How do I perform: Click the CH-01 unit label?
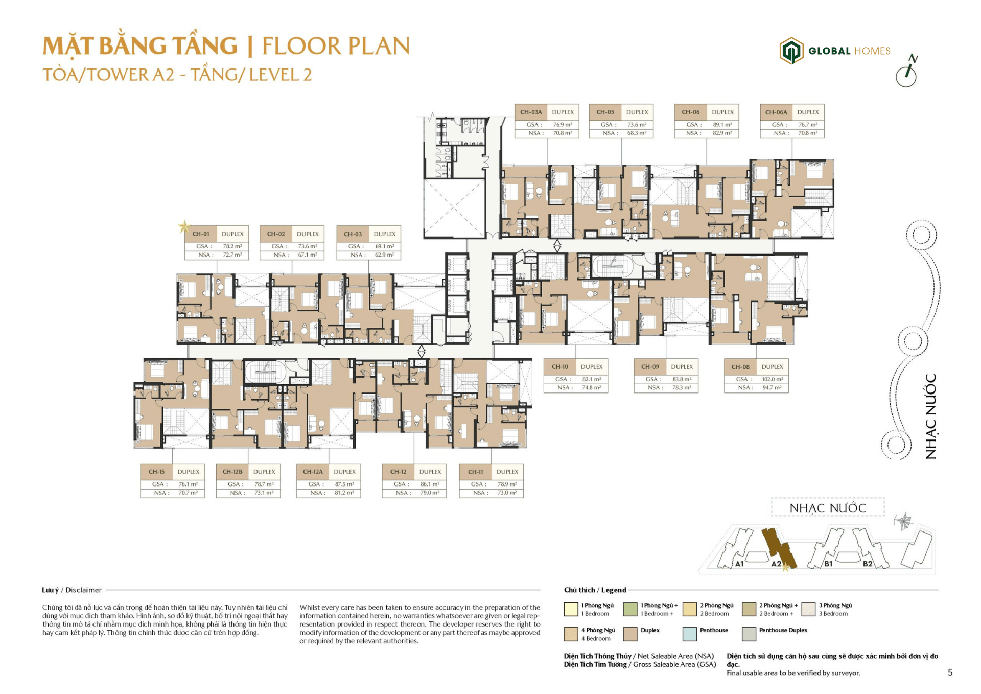201,234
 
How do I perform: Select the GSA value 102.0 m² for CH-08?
772,379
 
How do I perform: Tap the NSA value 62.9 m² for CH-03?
384,255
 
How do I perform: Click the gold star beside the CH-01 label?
184,226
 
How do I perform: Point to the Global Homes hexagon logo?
791,51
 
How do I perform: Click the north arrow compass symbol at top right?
907,72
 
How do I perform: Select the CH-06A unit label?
776,112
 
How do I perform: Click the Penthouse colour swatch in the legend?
689,634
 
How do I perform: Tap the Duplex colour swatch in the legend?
630,634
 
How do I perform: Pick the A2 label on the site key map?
776,564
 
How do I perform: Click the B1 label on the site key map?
828,564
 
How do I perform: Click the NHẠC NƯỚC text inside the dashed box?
827,508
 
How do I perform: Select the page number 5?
950,673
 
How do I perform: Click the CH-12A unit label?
313,472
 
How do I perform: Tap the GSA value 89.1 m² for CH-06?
722,125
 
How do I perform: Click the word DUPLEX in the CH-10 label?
592,367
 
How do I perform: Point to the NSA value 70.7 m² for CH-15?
188,493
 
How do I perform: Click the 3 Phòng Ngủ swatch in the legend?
808,609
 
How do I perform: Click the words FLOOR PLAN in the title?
336,46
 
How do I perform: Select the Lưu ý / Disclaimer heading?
72,590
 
